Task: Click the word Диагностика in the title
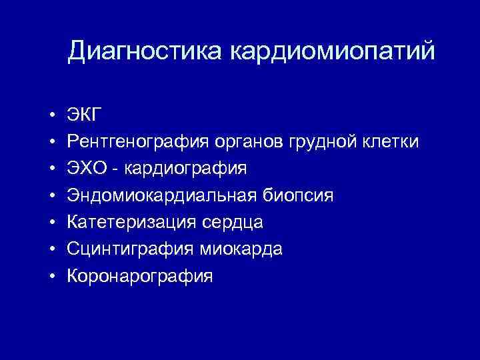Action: click(146, 51)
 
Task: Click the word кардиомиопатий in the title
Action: click(333, 51)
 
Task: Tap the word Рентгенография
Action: click(139, 142)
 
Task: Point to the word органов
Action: click(251, 142)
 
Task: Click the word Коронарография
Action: click(140, 276)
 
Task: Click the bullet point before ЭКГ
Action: click(51, 115)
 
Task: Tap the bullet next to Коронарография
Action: click(51, 276)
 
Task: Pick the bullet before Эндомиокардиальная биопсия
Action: click(51, 195)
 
